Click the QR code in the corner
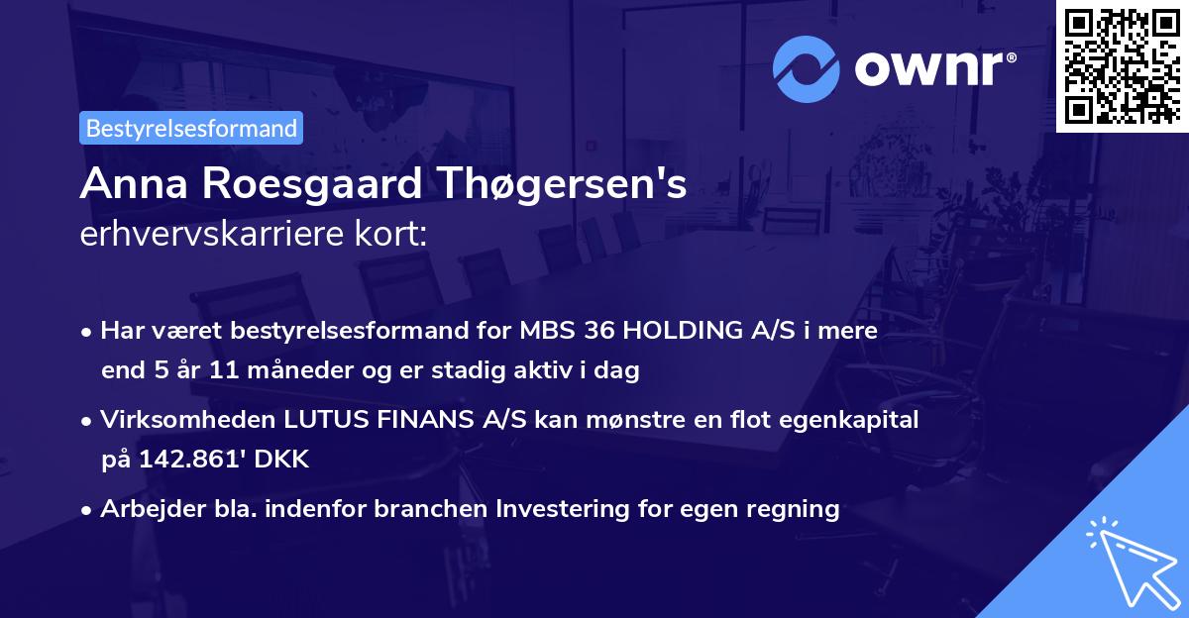point(1122,66)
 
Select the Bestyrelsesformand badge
point(191,128)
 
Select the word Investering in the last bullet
point(570,509)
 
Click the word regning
point(793,509)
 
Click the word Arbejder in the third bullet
point(145,509)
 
